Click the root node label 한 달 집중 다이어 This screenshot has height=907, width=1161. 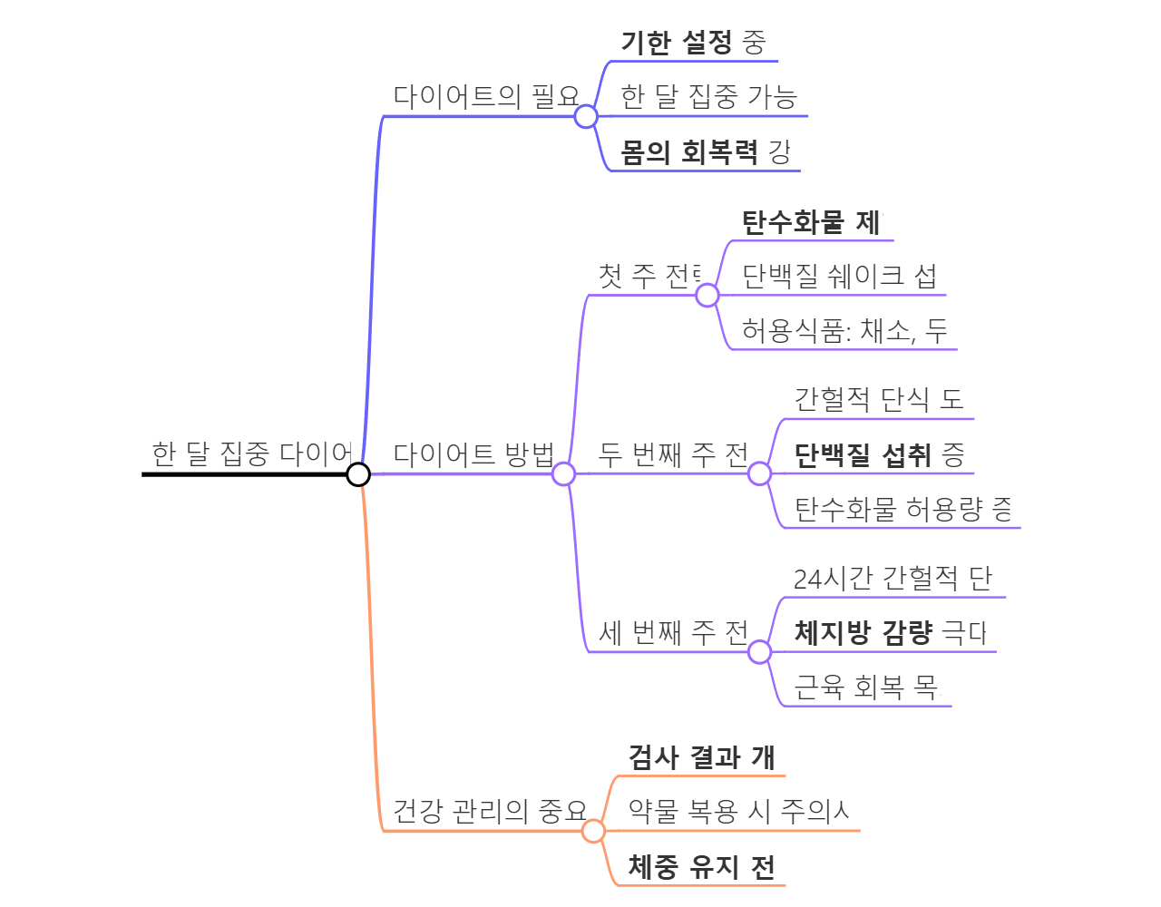[x=251, y=453]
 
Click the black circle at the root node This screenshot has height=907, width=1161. [x=358, y=473]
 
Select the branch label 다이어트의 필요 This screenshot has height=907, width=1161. [x=486, y=96]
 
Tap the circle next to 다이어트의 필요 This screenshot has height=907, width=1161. [x=586, y=116]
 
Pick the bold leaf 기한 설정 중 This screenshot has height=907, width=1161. [x=693, y=43]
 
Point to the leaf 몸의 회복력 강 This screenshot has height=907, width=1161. [x=705, y=151]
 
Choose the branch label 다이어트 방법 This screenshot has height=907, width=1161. [x=473, y=453]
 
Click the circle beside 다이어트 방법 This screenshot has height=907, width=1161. [x=563, y=473]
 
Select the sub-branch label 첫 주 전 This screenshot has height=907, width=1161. [x=649, y=276]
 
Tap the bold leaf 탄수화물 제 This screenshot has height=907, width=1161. [x=810, y=222]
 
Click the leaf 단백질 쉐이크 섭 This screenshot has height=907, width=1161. [x=839, y=276]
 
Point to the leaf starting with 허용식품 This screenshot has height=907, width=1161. [x=844, y=331]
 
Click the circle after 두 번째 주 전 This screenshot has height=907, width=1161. [x=760, y=473]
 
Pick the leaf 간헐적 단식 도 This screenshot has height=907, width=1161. [x=878, y=399]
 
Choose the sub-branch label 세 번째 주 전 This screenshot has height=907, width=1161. [x=673, y=632]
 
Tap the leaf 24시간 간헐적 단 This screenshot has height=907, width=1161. [x=893, y=578]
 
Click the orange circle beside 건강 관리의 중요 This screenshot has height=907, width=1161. [x=593, y=831]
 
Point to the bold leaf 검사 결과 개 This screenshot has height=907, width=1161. [x=701, y=757]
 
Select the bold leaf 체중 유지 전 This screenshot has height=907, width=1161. [x=701, y=867]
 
